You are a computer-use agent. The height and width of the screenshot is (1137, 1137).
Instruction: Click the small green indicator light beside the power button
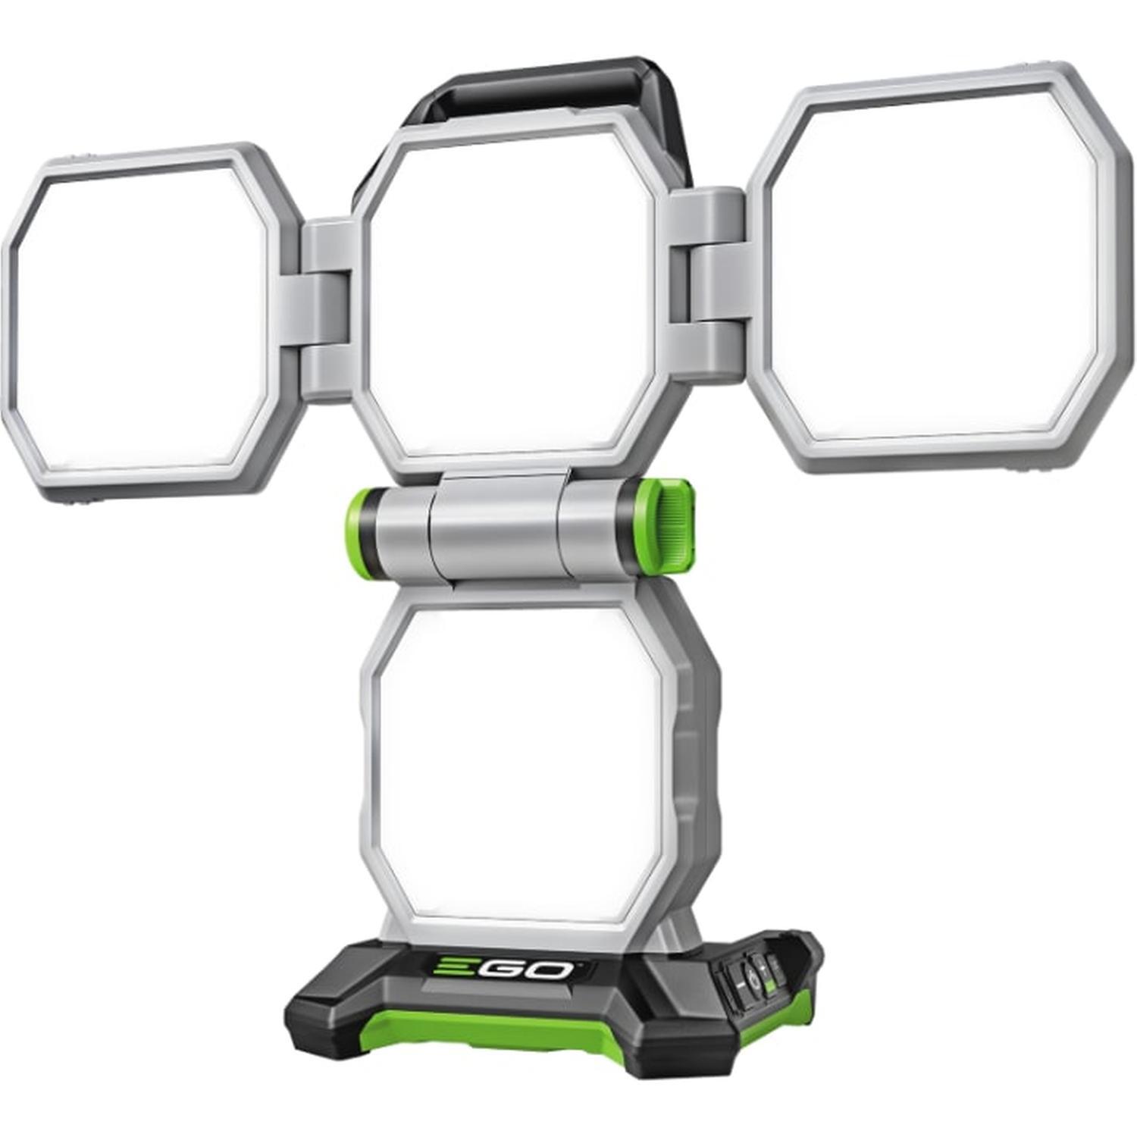pyautogui.click(x=769, y=986)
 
